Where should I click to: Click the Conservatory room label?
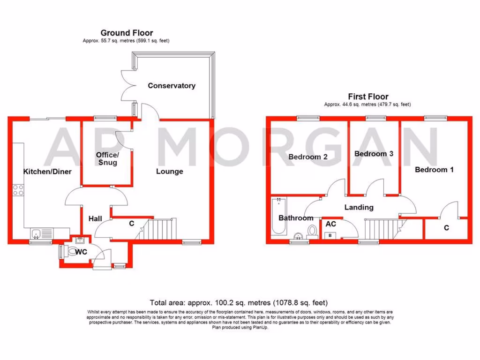coord(172,86)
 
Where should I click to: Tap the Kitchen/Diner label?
coord(47,172)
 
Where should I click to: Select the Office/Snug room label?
coord(107,158)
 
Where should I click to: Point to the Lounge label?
coord(169,172)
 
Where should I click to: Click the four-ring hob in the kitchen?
coord(18,190)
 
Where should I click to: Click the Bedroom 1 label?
coord(434,170)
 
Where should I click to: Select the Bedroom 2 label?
coord(308,157)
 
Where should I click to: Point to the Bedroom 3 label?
coord(374,154)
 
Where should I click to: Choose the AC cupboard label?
coord(330,224)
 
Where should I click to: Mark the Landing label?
coord(359,207)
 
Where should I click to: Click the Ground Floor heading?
coord(127,33)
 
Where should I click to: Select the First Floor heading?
coord(368,97)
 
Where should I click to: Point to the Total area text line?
coord(239,302)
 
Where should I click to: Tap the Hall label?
coord(96,218)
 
